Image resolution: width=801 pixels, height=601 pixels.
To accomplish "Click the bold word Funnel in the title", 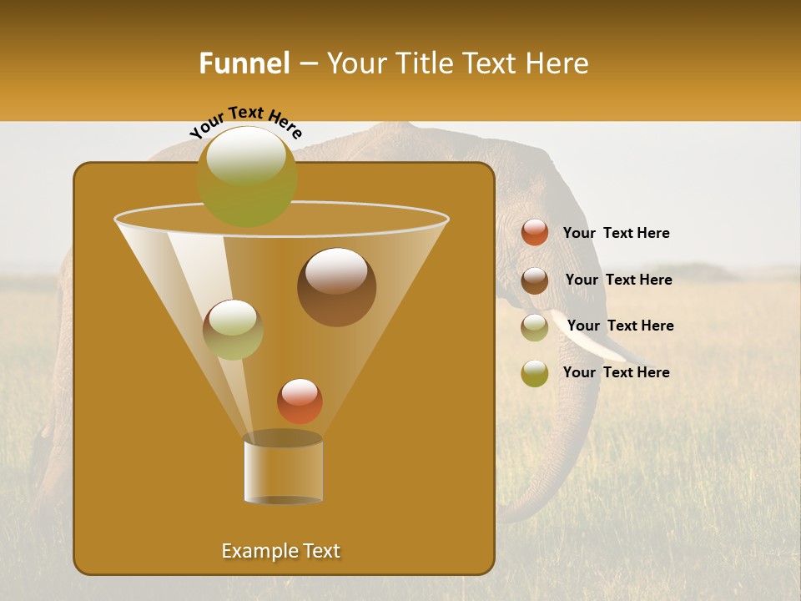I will [244, 63].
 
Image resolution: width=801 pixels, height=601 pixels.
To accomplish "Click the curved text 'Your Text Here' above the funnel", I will [246, 122].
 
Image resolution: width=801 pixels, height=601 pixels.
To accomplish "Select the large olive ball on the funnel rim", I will [247, 176].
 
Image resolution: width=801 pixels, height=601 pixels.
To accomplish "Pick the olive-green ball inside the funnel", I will [233, 330].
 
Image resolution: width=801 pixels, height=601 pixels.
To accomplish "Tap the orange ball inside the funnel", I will [300, 402].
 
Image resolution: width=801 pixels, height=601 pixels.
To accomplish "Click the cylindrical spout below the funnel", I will [283, 469].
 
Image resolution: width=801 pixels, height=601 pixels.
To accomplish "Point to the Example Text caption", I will [280, 551].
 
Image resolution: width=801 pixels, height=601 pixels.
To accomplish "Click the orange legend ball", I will [535, 233].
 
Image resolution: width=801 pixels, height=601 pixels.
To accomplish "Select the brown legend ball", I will [535, 280].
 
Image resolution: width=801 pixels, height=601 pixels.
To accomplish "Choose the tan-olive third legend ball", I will [535, 327].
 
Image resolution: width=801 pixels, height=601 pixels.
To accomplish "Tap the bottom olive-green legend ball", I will [535, 373].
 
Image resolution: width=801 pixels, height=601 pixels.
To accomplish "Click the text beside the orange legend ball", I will [616, 234].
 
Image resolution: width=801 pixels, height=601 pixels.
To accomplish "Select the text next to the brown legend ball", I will [618, 280].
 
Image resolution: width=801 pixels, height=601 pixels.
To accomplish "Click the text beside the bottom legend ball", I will [616, 372].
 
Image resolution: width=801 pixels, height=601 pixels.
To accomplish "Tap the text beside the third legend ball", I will [620, 326].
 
